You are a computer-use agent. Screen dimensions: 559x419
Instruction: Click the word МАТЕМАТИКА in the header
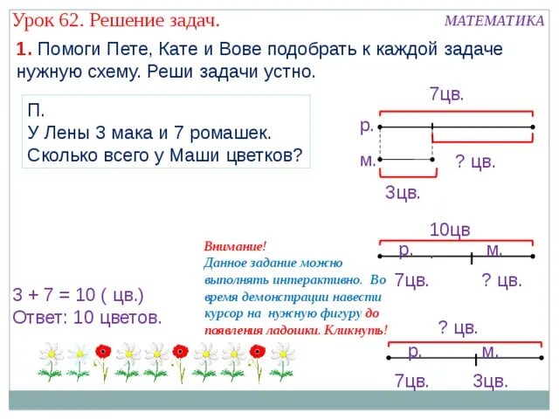[493, 21]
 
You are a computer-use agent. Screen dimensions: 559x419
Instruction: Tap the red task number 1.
[22, 51]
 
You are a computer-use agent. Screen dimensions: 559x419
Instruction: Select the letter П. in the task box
[36, 113]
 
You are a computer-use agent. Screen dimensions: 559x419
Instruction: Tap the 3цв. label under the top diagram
[403, 192]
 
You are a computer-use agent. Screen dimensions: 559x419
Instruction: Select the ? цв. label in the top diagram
[475, 161]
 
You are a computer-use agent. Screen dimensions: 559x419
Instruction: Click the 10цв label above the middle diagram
[450, 230]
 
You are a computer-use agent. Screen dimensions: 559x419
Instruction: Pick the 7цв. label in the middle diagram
[411, 280]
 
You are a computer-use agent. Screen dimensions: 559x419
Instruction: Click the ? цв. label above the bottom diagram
[458, 328]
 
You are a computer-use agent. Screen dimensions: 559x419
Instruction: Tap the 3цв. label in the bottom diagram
[490, 381]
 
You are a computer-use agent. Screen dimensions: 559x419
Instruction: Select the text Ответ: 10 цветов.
[87, 317]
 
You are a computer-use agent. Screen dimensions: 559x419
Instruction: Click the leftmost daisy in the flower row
[51, 360]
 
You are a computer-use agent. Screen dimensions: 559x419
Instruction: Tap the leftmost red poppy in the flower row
[103, 356]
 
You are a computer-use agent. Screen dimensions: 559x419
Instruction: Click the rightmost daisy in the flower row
[281, 360]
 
